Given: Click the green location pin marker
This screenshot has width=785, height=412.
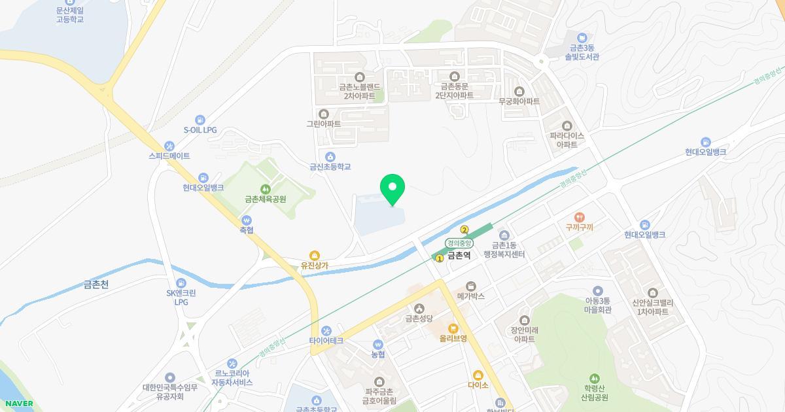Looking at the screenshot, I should (392, 188).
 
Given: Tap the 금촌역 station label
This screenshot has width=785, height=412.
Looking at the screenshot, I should (459, 256).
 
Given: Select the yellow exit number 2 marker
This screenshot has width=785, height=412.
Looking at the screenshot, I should (464, 230).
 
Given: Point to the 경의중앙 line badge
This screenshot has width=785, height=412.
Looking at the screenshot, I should (459, 243).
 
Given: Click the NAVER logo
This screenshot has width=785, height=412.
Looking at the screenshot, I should (19, 403).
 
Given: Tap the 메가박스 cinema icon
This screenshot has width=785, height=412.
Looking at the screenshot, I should (470, 286).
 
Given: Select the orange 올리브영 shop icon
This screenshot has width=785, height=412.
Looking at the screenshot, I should (453, 328).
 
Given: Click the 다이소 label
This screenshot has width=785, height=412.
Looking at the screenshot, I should (478, 385).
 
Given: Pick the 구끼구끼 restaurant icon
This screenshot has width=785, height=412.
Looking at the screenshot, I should (579, 217).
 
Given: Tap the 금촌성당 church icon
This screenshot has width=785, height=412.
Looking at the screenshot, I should (419, 309).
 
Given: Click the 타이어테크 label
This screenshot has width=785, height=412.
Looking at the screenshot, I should (326, 341).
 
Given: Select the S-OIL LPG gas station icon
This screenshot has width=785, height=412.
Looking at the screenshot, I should (200, 120).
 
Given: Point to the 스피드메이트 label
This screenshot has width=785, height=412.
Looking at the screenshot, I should (169, 156).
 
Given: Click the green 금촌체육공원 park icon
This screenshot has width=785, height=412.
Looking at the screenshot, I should (265, 189).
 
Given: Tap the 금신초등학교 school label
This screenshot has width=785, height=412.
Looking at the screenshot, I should (330, 167).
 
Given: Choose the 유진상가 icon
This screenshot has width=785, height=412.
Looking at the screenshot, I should (315, 255).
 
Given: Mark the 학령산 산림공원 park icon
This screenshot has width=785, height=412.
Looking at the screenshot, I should (595, 378).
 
